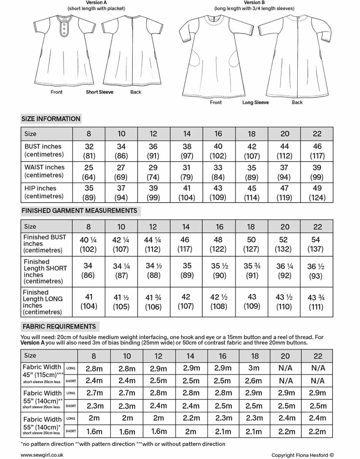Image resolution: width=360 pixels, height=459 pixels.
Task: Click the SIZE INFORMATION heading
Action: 51,119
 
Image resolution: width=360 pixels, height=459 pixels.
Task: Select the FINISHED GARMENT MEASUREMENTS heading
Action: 79,211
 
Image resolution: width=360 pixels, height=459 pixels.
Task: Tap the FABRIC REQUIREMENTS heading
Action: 59,327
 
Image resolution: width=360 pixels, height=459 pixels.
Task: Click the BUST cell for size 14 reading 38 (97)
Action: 186,151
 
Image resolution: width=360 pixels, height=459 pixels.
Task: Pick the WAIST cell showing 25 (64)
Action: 89,172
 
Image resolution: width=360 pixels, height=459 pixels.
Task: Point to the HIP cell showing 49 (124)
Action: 317,193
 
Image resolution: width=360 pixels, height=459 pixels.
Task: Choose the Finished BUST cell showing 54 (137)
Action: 315,244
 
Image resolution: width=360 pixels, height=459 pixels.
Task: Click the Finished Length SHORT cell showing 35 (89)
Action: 186,271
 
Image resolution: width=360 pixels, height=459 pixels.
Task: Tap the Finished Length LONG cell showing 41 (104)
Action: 89,301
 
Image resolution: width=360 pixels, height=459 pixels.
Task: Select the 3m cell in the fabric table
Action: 254,368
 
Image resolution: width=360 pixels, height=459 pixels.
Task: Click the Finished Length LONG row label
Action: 42,302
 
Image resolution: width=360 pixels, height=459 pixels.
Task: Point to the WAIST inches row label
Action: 44,171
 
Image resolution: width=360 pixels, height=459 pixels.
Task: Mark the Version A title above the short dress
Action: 96,3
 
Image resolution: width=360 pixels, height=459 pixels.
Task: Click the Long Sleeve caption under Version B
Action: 255,103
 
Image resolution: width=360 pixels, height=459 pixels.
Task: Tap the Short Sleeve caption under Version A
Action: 99,92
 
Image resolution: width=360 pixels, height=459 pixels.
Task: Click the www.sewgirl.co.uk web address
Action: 42,455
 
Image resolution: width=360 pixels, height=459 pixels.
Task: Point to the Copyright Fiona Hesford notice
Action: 302,455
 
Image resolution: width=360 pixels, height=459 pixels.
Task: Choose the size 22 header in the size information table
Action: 317,134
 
